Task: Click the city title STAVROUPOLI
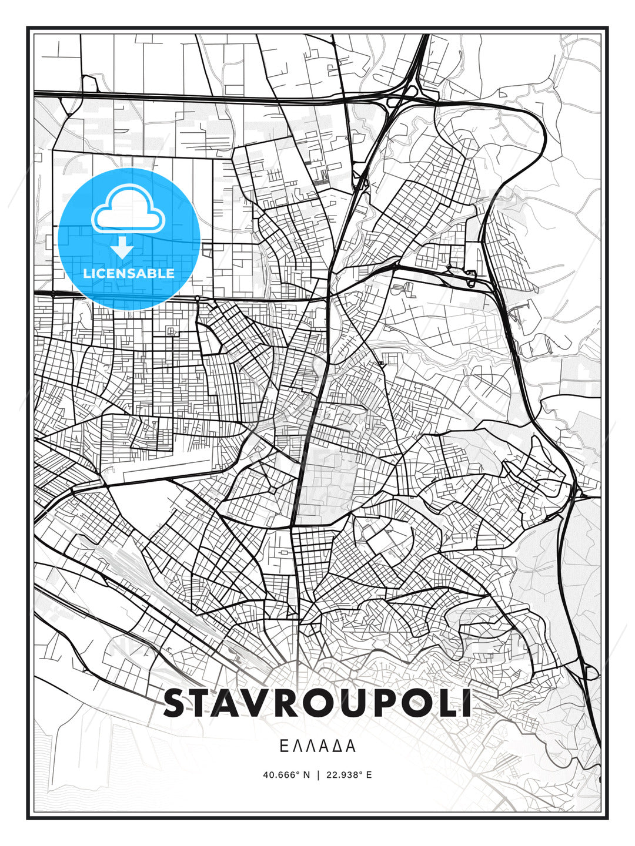tap(317, 703)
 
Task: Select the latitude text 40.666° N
tap(286, 774)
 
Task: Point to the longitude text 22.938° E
tap(349, 774)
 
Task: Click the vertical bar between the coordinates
tap(318, 774)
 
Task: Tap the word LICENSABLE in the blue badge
tap(129, 273)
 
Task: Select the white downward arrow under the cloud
tap(122, 249)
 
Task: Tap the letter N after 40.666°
tap(306, 774)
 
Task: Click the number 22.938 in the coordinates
tap(343, 774)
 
